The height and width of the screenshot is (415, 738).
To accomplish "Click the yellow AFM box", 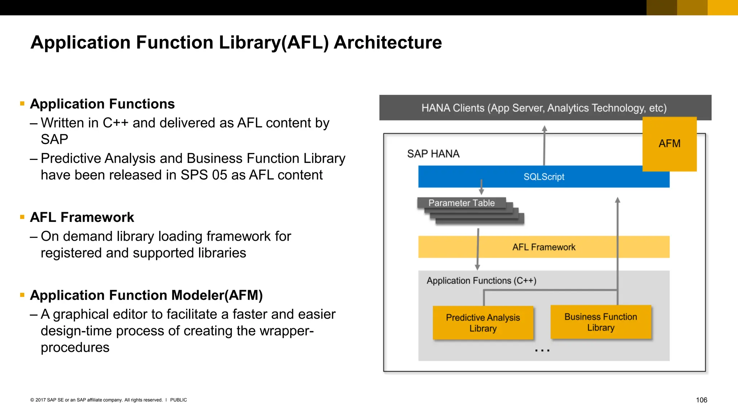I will (669, 144).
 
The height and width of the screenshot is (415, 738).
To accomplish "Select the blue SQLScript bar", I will (543, 177).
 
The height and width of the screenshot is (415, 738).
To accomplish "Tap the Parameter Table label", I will (461, 203).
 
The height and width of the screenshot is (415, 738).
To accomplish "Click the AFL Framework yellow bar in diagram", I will (543, 247).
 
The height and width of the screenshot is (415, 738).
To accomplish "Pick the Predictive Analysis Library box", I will (483, 323).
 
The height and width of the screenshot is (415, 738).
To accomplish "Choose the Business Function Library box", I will (601, 322).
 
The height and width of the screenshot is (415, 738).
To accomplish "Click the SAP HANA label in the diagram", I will (433, 154).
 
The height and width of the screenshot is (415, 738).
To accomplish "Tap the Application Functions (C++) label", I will (481, 281).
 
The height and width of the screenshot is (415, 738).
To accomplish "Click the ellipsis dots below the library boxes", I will (542, 350).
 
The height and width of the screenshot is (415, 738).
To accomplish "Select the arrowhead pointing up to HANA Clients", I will (544, 129).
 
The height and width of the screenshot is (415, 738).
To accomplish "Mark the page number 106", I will (701, 400).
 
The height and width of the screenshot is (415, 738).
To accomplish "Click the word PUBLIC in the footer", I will (178, 400).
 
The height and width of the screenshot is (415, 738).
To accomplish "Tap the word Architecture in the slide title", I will (388, 43).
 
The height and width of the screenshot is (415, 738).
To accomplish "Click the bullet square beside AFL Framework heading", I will (22, 217).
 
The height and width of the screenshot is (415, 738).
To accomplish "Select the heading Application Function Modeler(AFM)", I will (146, 295).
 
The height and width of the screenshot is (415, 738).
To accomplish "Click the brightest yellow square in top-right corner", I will (723, 8).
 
